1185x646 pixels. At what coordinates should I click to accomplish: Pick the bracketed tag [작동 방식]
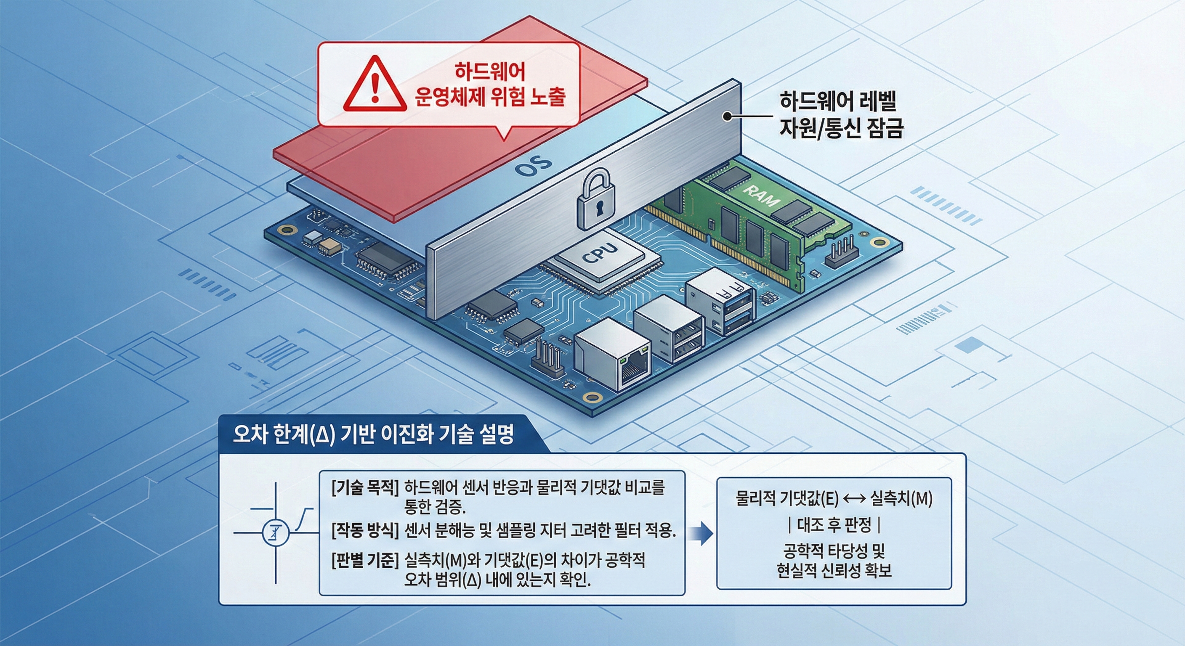tap(365, 531)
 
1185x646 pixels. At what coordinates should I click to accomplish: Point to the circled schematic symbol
tap(276, 533)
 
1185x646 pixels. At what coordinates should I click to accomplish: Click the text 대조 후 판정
tap(834, 524)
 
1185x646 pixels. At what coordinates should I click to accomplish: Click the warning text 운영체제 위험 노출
tap(490, 97)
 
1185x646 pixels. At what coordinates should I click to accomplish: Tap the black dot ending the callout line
tap(727, 117)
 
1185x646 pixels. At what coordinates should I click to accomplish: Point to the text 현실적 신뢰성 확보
tap(834, 571)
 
